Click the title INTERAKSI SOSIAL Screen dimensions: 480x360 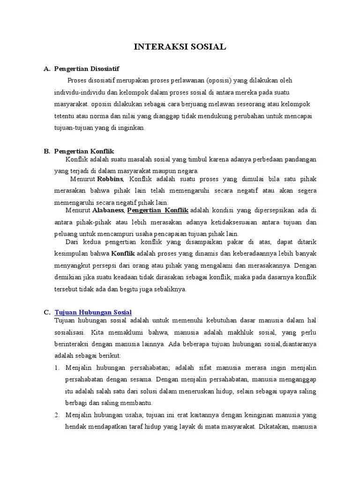point(180,46)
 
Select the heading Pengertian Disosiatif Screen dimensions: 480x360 point(86,69)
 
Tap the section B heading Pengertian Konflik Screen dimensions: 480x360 point(84,151)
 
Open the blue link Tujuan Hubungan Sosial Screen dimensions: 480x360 point(93,312)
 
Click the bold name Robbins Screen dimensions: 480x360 point(111,179)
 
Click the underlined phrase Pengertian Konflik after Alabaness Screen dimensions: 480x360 point(157,210)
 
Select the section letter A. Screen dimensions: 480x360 point(46,69)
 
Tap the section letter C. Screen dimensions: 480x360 point(46,312)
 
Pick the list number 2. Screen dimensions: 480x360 point(56,415)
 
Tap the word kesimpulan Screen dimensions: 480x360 point(72,254)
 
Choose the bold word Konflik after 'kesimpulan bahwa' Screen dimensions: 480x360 point(123,254)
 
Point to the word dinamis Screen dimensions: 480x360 point(202,254)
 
